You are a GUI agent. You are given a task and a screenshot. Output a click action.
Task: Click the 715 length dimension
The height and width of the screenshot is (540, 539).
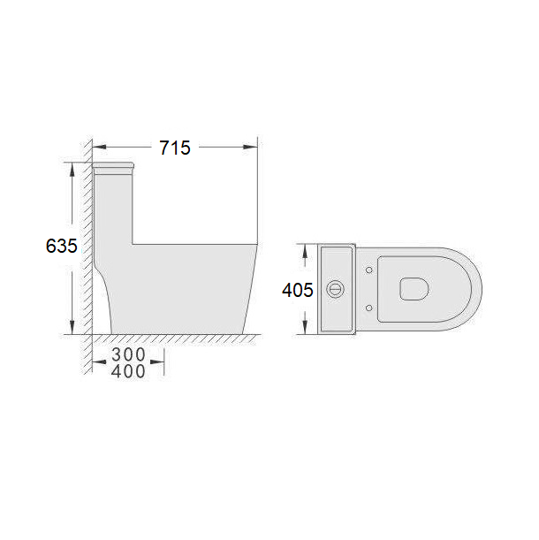(175, 148)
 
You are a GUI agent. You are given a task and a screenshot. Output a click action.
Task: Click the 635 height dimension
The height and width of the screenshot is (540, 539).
(61, 246)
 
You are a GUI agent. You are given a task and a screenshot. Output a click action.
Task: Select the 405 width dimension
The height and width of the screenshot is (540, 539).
(298, 290)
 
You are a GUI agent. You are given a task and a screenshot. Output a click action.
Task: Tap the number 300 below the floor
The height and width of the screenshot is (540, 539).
(128, 354)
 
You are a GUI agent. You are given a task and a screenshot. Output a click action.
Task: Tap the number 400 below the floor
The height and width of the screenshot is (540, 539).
(128, 371)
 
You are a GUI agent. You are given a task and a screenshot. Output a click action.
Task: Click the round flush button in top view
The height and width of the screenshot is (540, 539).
(334, 289)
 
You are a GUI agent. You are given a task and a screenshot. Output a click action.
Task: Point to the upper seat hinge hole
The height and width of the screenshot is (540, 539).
(368, 270)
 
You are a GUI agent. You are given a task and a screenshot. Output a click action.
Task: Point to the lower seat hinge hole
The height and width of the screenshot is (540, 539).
(368, 308)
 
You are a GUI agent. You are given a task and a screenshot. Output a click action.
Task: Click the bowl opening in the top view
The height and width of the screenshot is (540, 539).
(414, 289)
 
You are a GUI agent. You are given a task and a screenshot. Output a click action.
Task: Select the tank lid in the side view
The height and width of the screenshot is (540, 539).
(113, 165)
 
